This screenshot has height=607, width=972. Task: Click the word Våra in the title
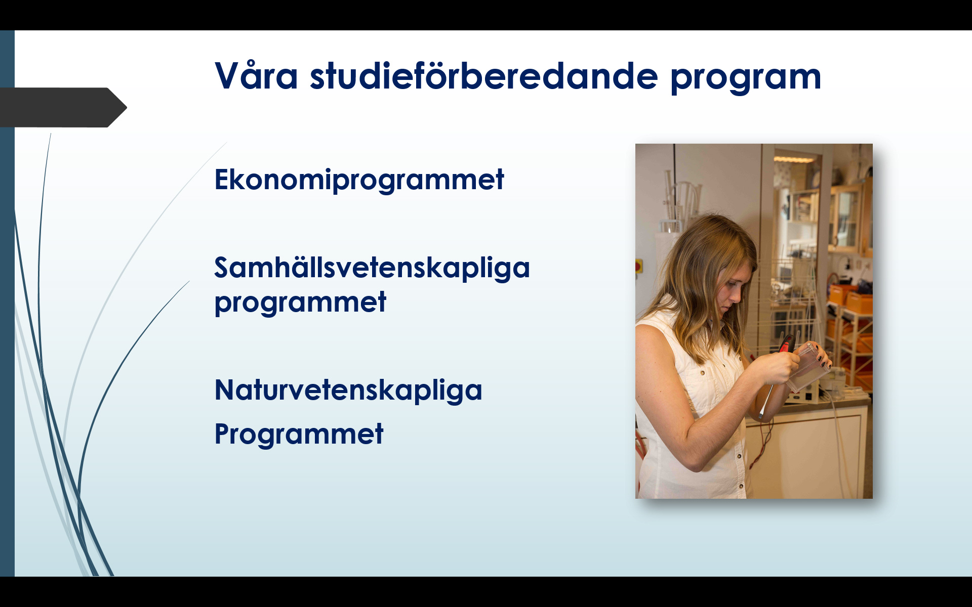click(256, 76)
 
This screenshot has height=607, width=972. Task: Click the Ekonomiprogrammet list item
click(359, 180)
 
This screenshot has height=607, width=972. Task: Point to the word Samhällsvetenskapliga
click(372, 268)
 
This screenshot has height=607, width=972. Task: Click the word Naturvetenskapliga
click(348, 391)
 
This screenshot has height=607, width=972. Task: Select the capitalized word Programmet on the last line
click(299, 434)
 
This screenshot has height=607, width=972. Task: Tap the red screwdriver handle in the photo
click(786, 344)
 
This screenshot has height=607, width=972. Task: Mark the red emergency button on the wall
click(638, 267)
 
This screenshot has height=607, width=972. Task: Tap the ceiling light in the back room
click(794, 159)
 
